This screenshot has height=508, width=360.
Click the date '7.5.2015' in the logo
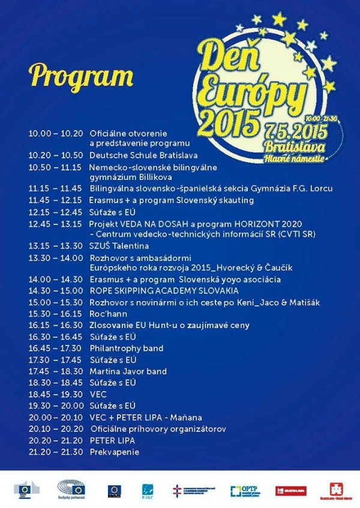pos(291,132)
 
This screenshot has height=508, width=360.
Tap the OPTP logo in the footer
pos(245,491)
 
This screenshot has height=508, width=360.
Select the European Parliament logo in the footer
pos(71,489)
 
